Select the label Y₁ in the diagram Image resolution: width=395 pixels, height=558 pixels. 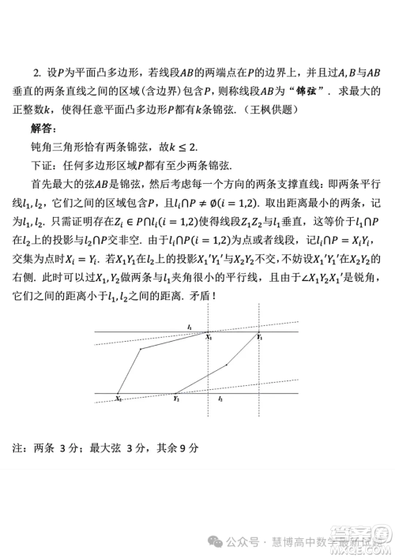[260, 337]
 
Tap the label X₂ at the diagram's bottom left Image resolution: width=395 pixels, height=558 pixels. [118, 399]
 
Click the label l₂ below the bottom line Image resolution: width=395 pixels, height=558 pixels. [220, 399]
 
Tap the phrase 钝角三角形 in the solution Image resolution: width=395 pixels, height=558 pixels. [54, 146]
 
